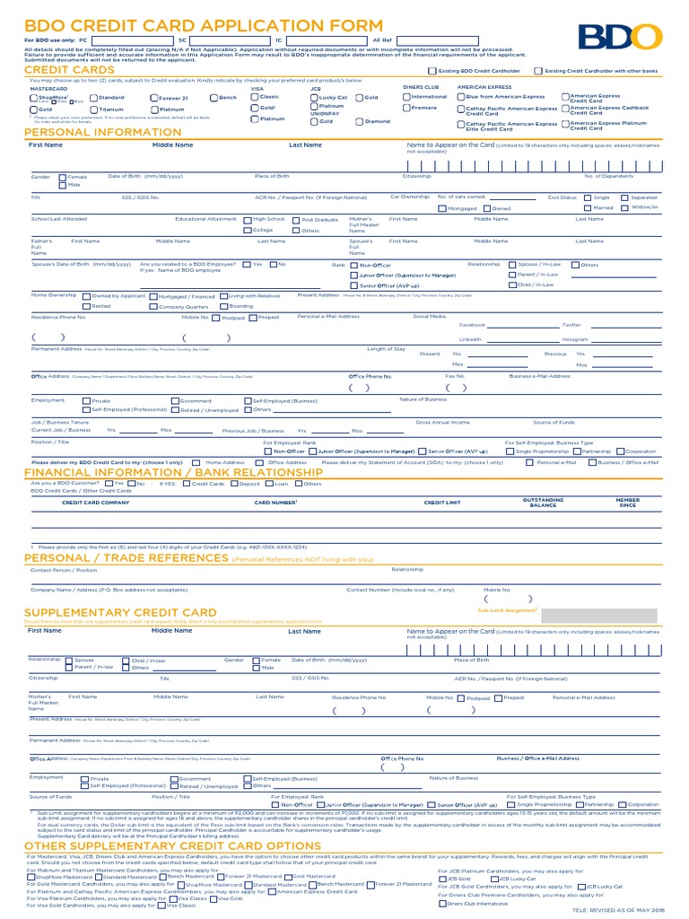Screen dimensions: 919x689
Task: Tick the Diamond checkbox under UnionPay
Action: pos(360,121)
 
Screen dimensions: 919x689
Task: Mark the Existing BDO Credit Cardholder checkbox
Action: pos(432,70)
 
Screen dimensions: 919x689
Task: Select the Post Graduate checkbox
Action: pos(296,219)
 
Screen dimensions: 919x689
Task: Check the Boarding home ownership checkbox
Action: pos(223,306)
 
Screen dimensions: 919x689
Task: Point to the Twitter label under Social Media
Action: pos(571,325)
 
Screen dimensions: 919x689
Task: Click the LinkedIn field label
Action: pos(470,340)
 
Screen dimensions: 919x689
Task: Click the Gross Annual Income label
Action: pos(442,422)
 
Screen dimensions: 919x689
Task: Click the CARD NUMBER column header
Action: pos(275,503)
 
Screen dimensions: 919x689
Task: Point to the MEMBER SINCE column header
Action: pos(627,503)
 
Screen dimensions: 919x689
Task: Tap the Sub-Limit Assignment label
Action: pos(507,609)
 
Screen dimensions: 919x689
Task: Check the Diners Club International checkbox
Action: pos(442,904)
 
